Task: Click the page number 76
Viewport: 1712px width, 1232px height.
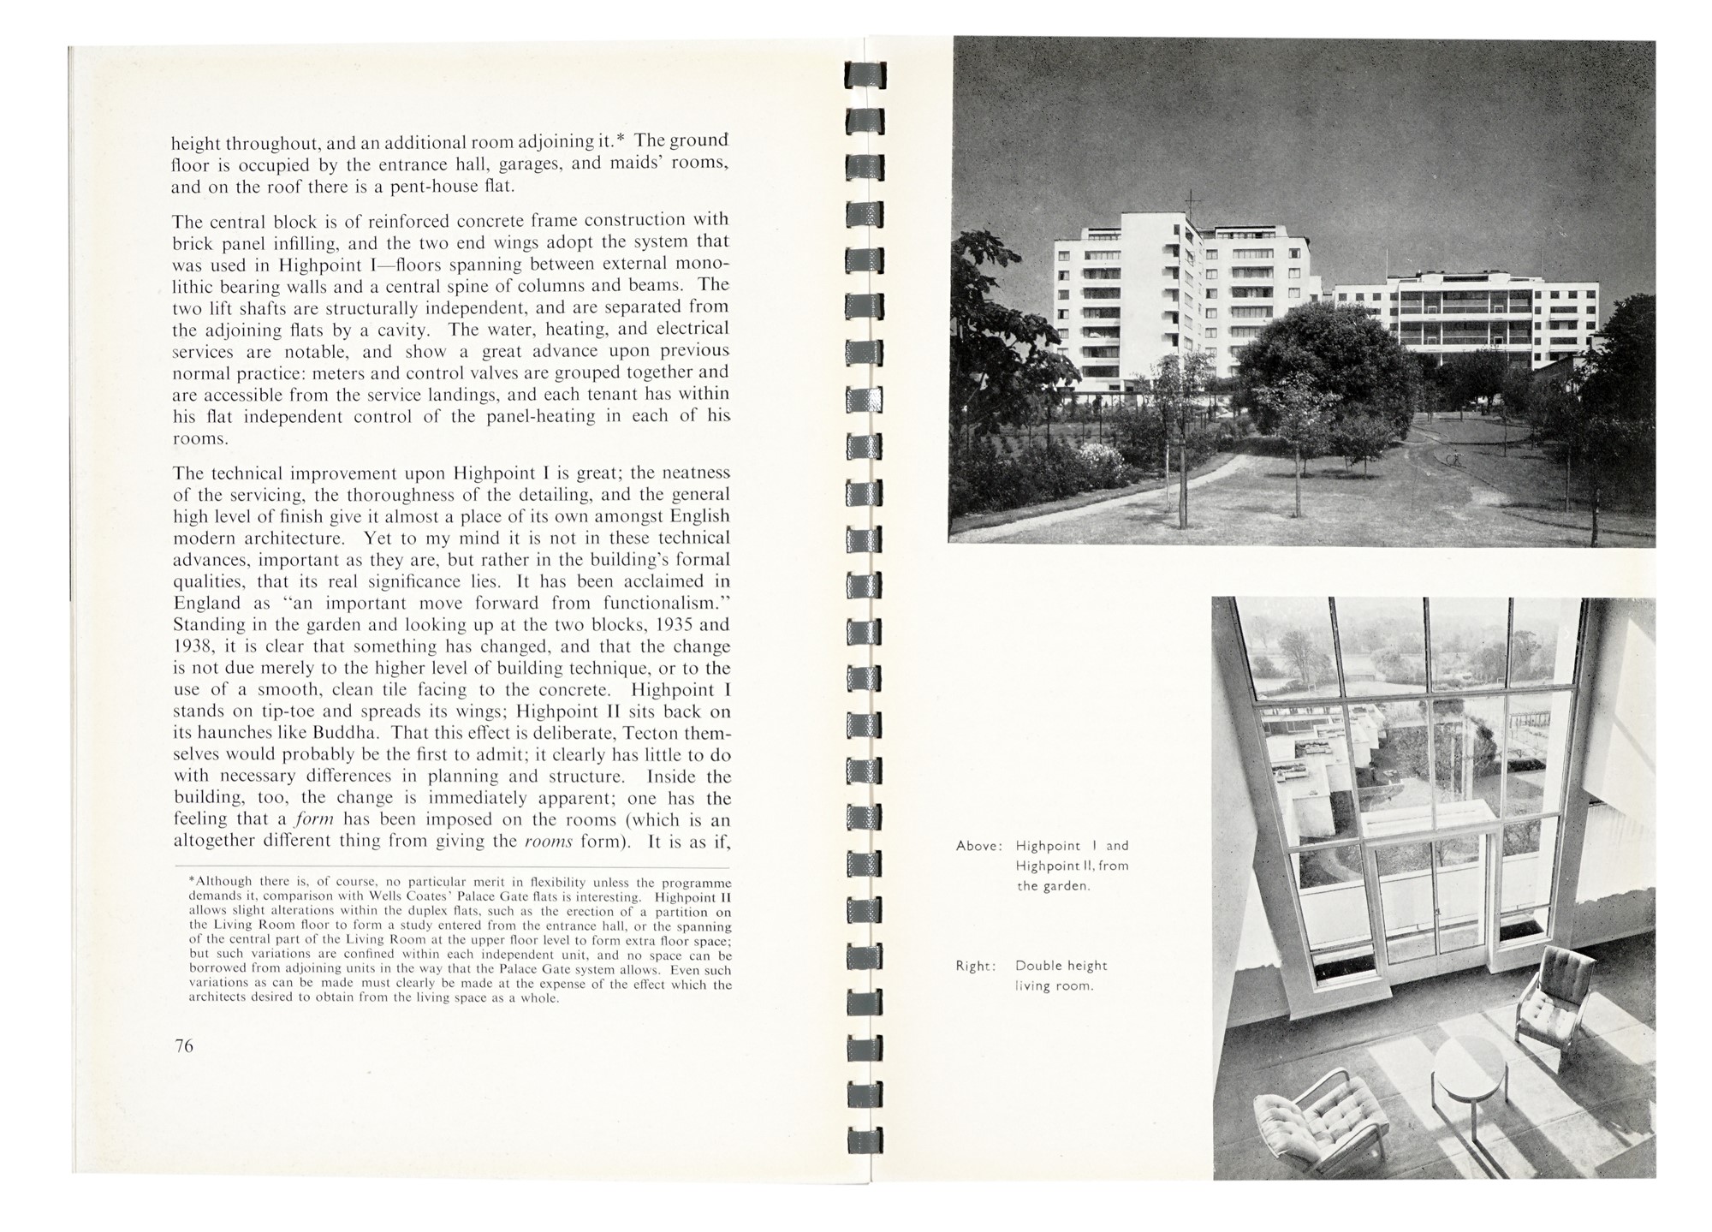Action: point(184,1045)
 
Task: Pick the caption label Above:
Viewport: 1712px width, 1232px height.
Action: point(978,846)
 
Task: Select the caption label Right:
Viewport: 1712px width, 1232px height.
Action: point(976,966)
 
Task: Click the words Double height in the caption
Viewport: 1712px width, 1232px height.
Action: point(1061,966)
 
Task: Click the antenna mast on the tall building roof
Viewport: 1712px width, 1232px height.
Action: point(1189,204)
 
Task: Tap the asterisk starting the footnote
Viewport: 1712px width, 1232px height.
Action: point(191,881)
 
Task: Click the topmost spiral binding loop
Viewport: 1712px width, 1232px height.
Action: point(865,75)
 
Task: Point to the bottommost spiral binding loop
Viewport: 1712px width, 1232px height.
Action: point(865,1140)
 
